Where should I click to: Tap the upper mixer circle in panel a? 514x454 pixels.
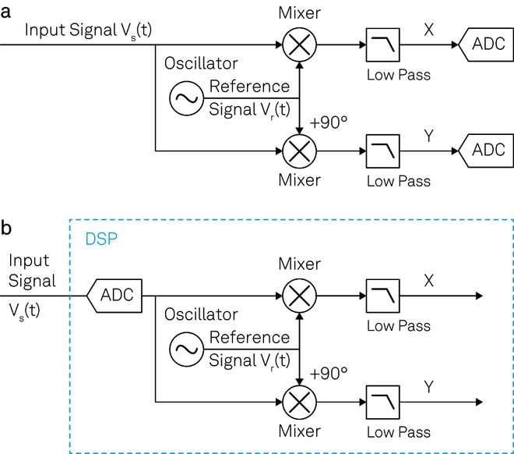point(300,45)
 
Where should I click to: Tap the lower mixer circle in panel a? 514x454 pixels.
point(300,148)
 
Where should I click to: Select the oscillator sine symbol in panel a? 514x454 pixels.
point(186,98)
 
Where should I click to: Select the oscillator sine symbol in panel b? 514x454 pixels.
point(186,349)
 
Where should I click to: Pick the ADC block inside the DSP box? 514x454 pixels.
point(114,296)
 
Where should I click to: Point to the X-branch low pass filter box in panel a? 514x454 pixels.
point(382,45)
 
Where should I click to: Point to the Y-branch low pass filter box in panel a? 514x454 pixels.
point(382,148)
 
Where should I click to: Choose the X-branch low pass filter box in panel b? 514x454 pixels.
point(382,296)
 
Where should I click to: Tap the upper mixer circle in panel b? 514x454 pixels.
point(300,296)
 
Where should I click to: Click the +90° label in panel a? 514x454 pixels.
point(328,123)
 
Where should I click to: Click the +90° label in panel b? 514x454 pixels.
point(328,374)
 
